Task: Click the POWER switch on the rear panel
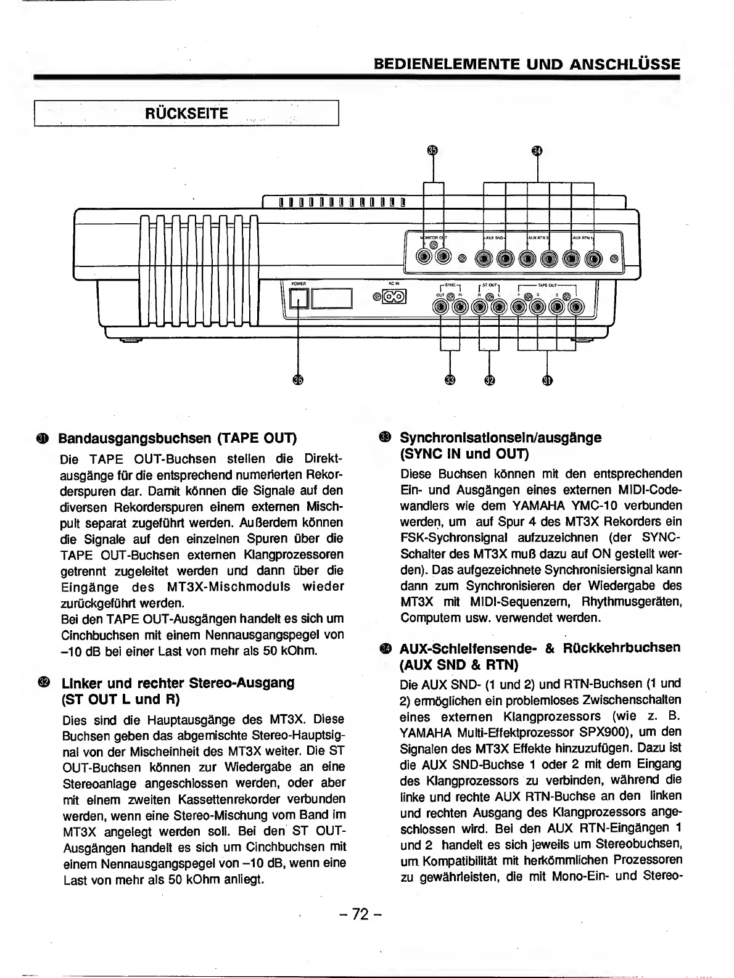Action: pyautogui.click(x=299, y=298)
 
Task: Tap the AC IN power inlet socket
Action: pyautogui.click(x=394, y=297)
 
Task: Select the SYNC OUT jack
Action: pyautogui.click(x=441, y=307)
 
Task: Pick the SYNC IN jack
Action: pyautogui.click(x=460, y=307)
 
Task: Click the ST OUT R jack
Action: pyautogui.click(x=479, y=307)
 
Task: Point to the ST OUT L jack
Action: pyautogui.click(x=498, y=307)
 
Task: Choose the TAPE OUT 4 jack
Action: pyautogui.click(x=518, y=307)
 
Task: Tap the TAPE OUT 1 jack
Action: pyautogui.click(x=575, y=307)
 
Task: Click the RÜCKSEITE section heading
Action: pyautogui.click(x=186, y=113)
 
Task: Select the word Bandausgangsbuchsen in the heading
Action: pyautogui.click(x=134, y=439)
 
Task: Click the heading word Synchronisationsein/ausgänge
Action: pyautogui.click(x=500, y=438)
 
